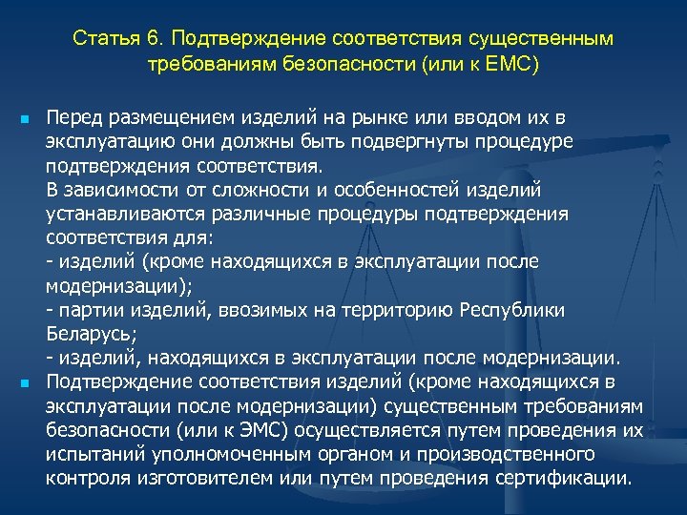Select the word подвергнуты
tap(391, 142)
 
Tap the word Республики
tap(511, 310)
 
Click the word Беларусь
tap(90, 334)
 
